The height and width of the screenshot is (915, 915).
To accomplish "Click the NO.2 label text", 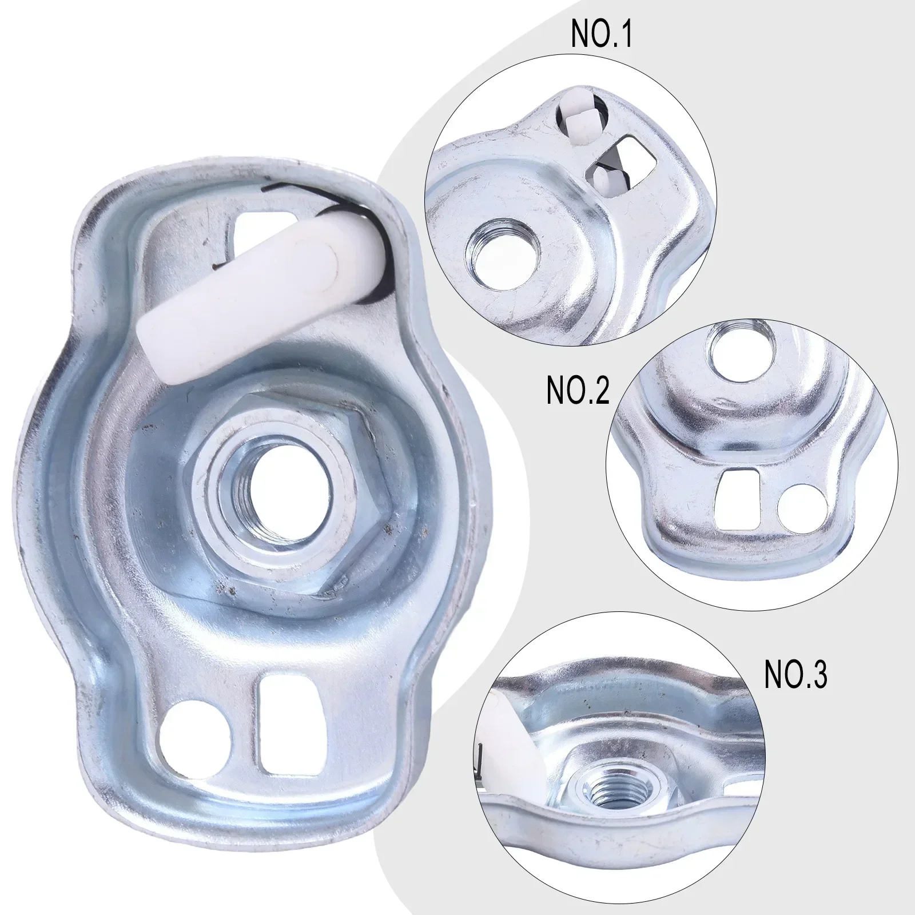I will click(x=578, y=391).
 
